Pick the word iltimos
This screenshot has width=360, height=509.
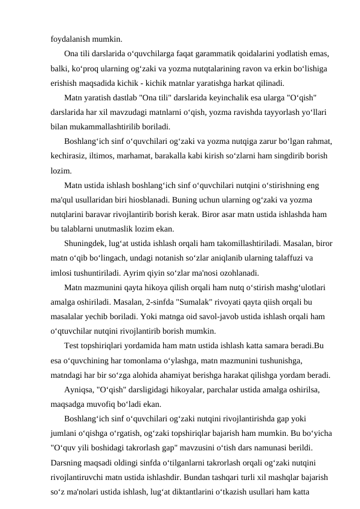click(106, 156)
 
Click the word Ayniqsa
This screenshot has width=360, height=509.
click(79, 389)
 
